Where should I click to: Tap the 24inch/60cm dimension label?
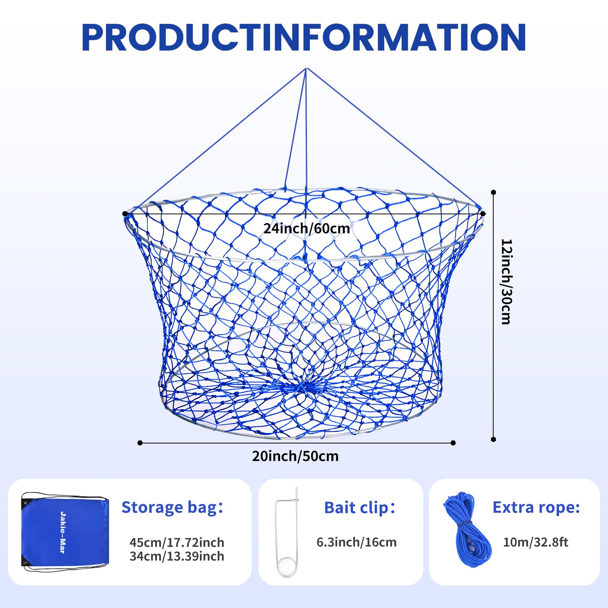coord(307,228)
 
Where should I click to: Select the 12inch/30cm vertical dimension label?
coord(506,282)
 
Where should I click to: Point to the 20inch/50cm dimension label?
coord(295,456)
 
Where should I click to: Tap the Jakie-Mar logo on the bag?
coord(63,532)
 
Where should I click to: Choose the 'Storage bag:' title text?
coord(172,507)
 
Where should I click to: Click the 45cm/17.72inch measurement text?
coord(177,542)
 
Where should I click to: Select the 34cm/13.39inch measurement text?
coord(177,556)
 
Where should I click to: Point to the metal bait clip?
coord(287,532)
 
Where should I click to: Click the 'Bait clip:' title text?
coord(359,507)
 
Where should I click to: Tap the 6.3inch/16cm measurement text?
coord(356,542)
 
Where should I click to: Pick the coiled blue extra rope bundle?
coord(467,529)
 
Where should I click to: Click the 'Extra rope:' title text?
coord(536,507)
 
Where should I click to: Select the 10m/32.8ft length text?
coord(535,542)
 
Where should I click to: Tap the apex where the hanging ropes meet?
coord(306,69)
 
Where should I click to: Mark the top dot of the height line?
coord(493,192)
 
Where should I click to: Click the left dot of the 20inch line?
coord(140,443)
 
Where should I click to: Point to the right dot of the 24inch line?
coord(483,214)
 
